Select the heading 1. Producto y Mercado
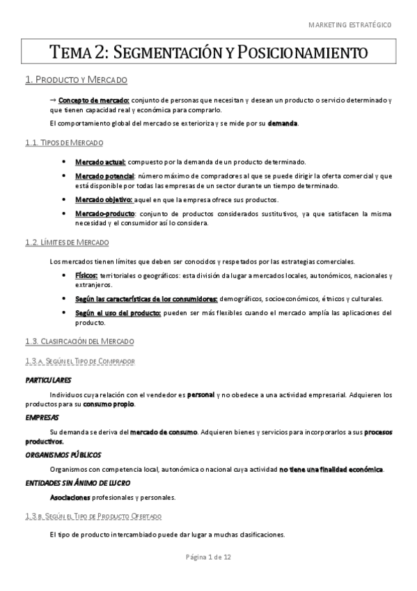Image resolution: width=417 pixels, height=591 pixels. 75,80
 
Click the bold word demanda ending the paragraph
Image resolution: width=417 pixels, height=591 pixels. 283,123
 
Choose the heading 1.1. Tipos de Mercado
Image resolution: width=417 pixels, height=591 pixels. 63,143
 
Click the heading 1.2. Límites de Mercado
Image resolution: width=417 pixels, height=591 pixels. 66,242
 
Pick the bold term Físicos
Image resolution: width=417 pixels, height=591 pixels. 87,276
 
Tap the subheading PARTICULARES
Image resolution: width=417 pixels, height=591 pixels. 48,381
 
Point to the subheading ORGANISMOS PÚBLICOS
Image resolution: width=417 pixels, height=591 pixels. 61,454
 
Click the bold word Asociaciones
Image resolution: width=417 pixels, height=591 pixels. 70,498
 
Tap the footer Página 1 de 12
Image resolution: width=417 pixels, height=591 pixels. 208,558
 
